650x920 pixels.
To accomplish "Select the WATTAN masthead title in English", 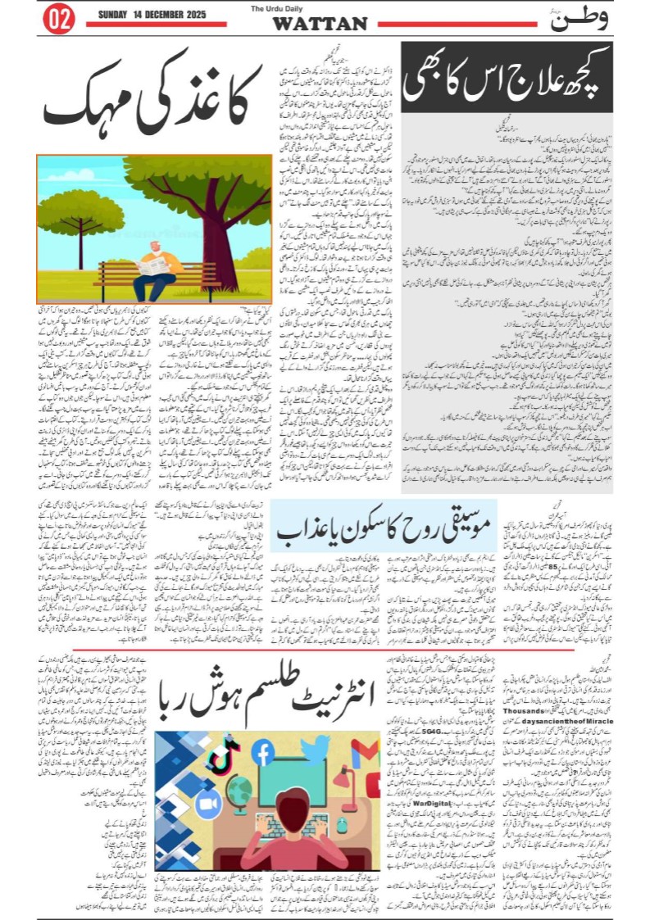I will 320,24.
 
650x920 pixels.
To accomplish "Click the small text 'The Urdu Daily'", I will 320,9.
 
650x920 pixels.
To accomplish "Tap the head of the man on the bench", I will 155,247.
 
